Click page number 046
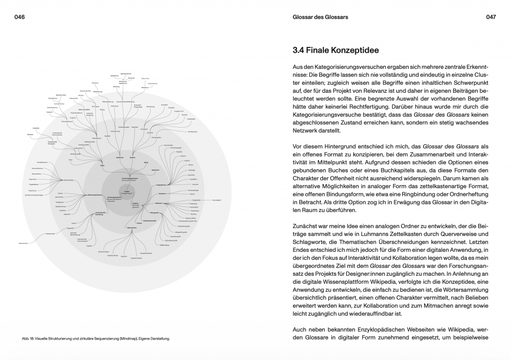tap(20, 17)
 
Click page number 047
tap(491, 17)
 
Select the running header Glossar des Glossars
tap(320, 17)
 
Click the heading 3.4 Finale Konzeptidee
tap(335, 50)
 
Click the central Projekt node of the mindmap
tap(127, 190)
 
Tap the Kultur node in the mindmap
tap(102, 165)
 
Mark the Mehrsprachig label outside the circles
tap(23, 242)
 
